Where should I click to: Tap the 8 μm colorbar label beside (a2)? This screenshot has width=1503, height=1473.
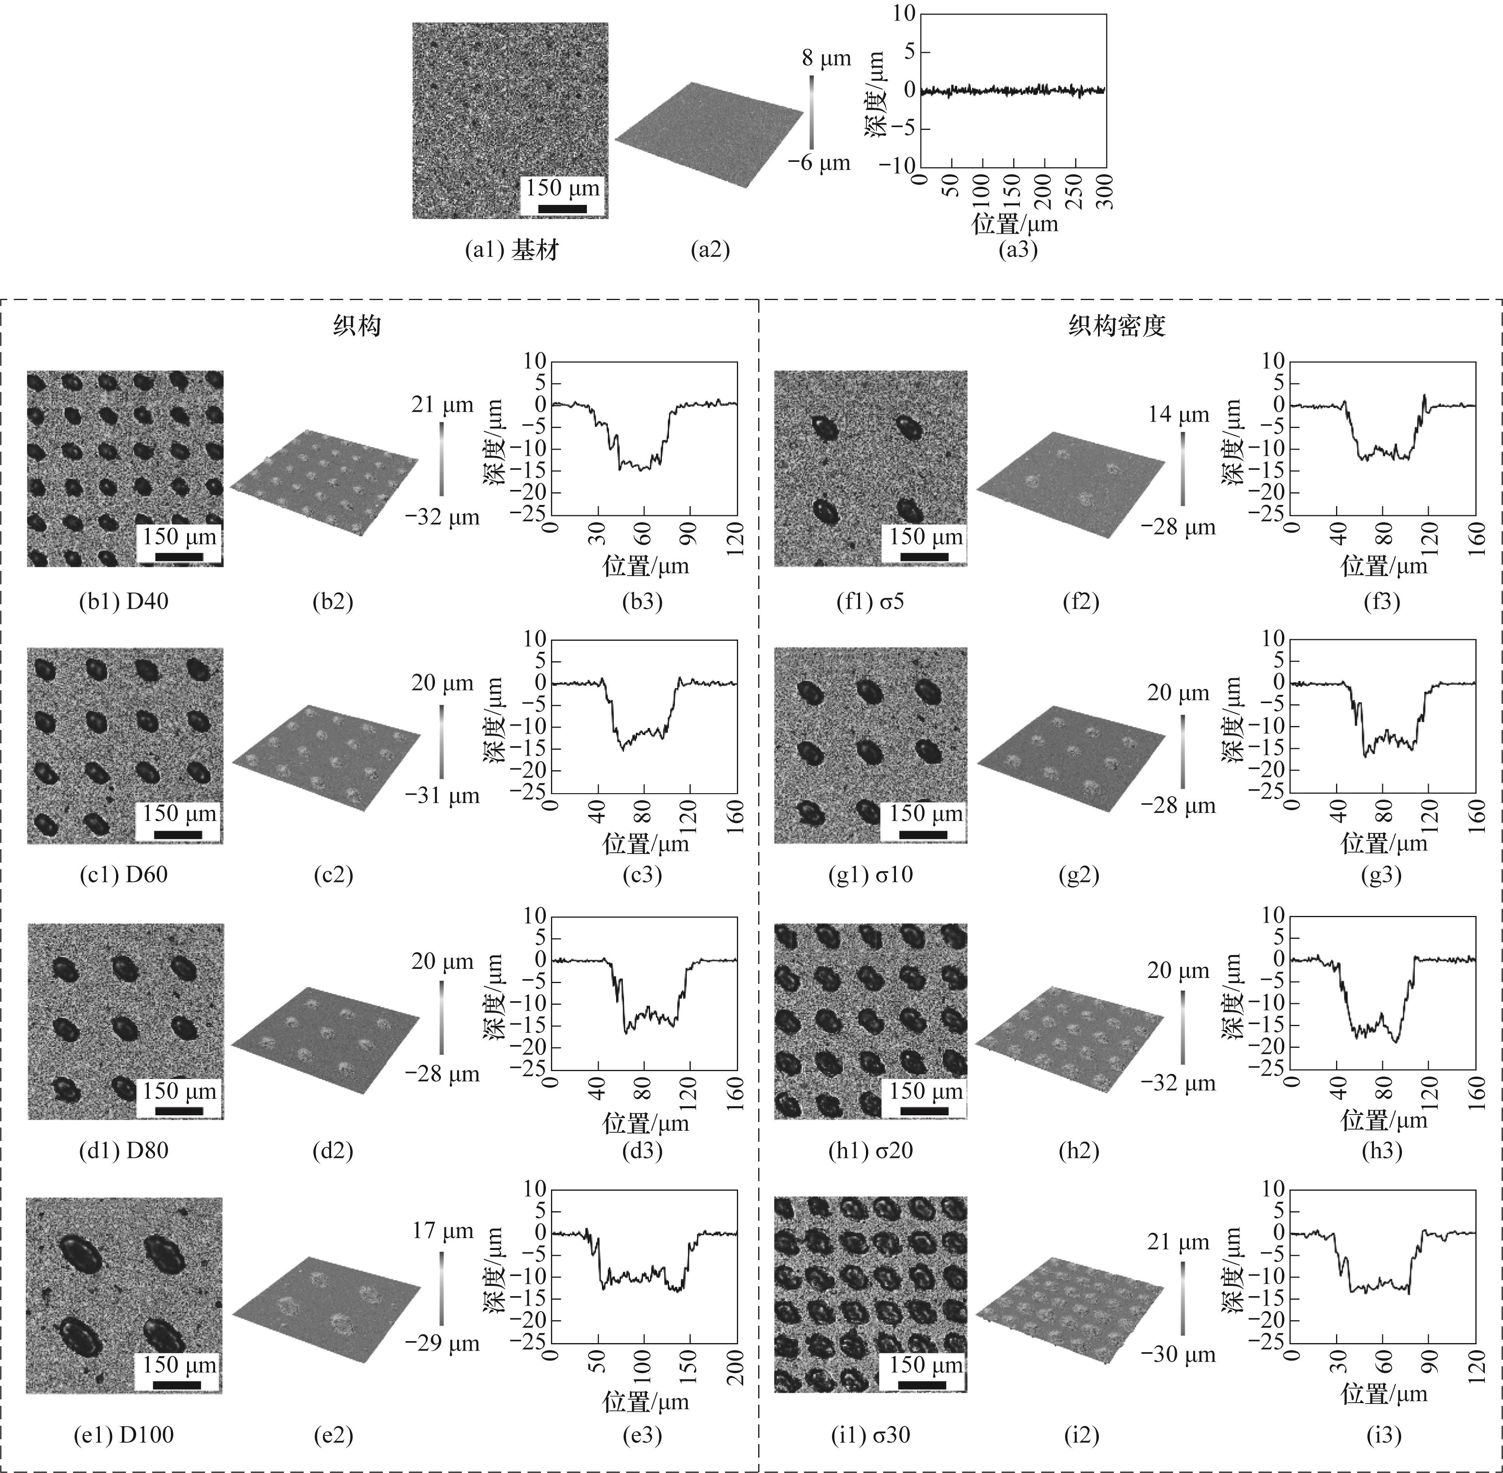coord(826,58)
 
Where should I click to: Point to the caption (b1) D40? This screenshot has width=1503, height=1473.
coord(124,601)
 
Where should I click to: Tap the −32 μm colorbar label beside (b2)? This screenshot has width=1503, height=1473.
coord(442,517)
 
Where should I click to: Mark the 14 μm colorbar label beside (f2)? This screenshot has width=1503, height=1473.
coord(1178,415)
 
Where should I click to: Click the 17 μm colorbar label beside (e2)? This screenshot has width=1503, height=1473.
coord(442,1231)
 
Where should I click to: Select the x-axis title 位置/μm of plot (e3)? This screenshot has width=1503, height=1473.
coord(646,1402)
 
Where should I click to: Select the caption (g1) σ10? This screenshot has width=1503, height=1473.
coord(870,875)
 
